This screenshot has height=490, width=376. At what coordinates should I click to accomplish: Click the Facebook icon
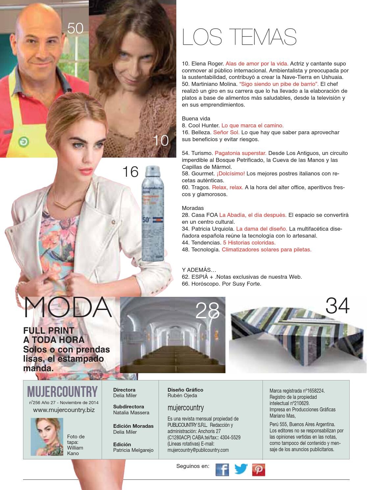point(222,469)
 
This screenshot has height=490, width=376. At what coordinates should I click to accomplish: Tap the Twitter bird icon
point(241,469)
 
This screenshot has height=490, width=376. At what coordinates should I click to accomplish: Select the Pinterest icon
point(259,469)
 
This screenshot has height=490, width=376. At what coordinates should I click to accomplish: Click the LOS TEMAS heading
point(239,37)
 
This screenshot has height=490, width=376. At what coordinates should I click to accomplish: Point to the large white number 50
point(75,28)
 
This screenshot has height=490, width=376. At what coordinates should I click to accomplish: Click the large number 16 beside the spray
point(130,172)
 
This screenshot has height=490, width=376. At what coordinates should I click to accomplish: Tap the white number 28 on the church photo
point(207,310)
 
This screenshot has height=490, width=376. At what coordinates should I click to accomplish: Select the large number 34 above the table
point(337,306)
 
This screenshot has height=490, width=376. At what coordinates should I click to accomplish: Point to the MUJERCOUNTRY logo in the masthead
point(63,392)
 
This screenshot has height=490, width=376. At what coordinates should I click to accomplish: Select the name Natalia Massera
point(131,412)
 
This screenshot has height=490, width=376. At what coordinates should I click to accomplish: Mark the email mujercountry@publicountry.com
point(198,450)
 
